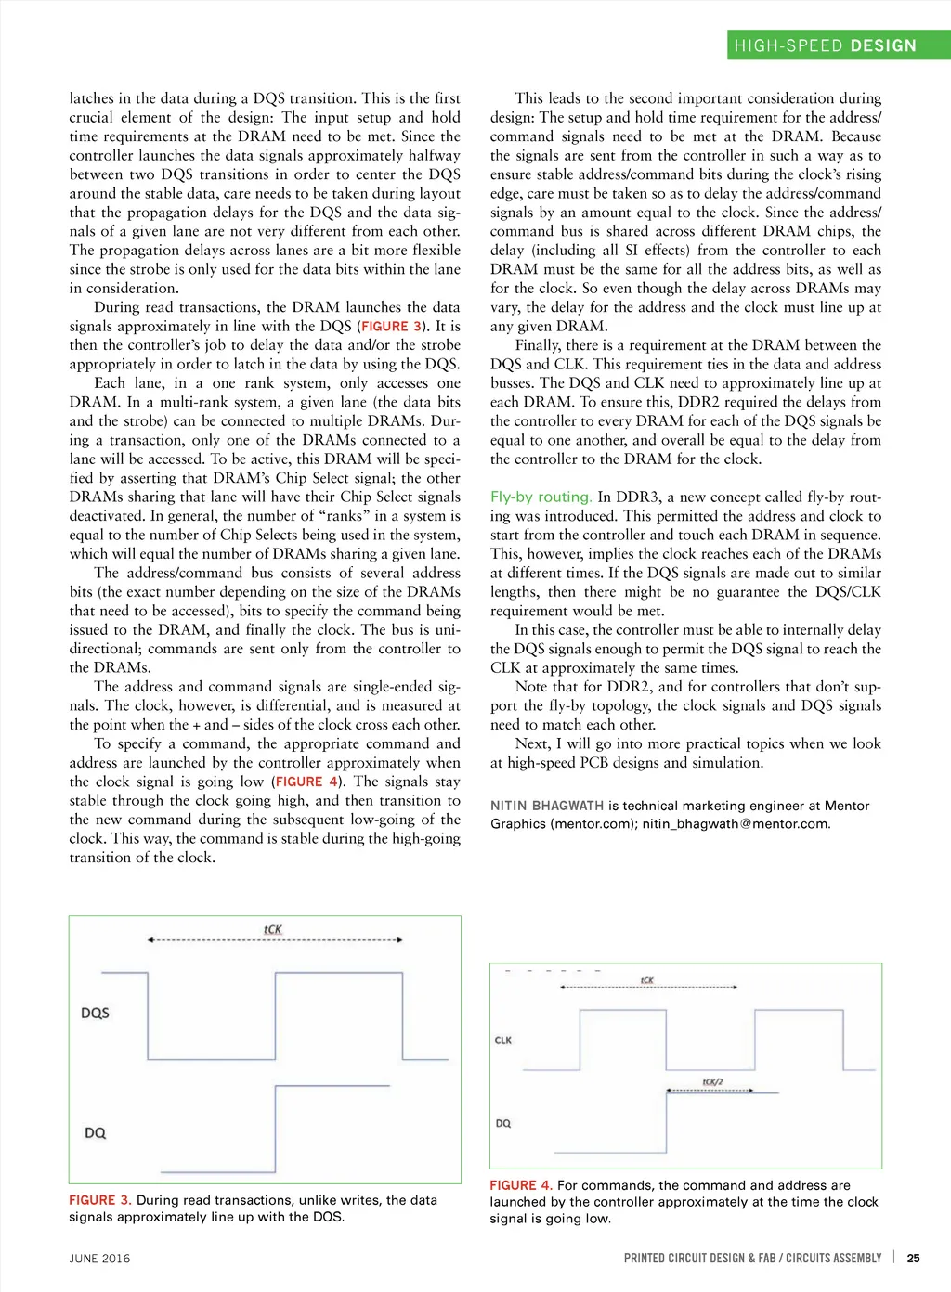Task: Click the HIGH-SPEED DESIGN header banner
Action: tap(825, 45)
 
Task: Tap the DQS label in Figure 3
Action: tap(95, 1013)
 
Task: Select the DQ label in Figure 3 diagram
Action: tap(95, 1132)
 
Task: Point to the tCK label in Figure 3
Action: tap(272, 929)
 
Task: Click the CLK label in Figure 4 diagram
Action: tap(503, 1040)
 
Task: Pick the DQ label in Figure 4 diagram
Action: tap(503, 1123)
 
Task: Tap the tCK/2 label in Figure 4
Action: tap(712, 1081)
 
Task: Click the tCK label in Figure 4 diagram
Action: tap(647, 980)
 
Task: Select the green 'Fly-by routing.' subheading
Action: tap(541, 497)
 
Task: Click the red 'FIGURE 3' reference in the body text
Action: tap(391, 327)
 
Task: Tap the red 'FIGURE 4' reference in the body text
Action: tap(306, 782)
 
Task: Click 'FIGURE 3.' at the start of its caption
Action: tap(99, 1200)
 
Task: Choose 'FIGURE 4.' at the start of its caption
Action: tap(521, 1185)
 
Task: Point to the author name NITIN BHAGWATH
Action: tap(547, 806)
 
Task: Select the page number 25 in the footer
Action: tap(914, 1258)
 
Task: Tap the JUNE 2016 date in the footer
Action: tap(99, 1259)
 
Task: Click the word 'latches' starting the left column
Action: tap(91, 98)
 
